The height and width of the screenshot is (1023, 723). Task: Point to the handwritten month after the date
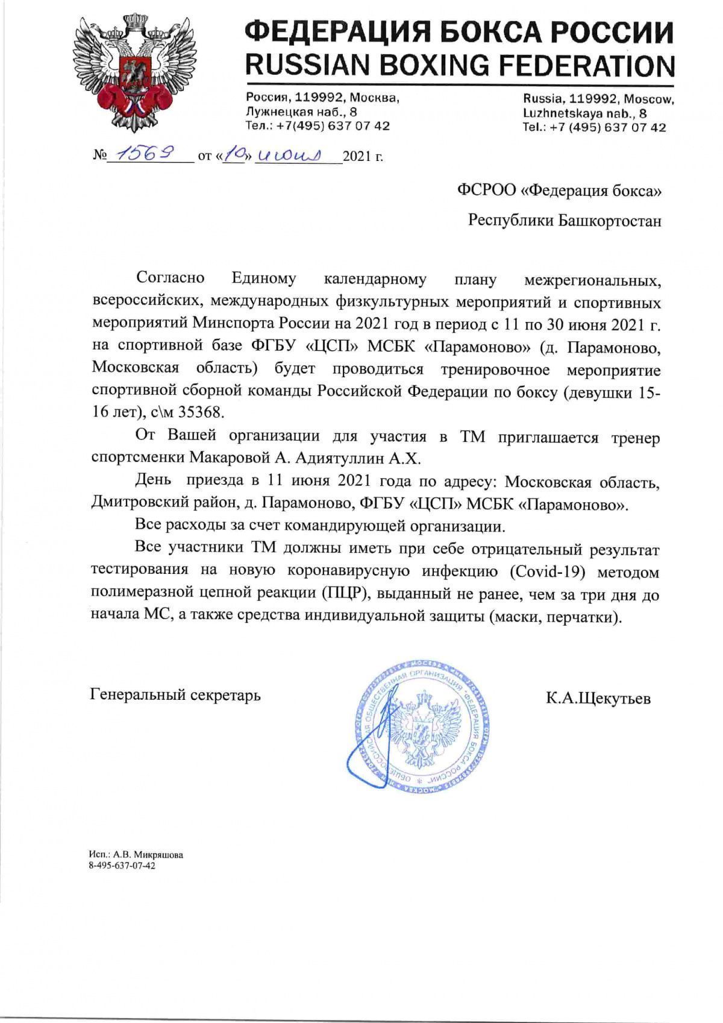coord(289,156)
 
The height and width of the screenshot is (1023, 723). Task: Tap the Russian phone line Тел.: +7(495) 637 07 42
coord(318,126)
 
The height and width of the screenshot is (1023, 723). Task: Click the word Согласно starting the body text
coord(171,279)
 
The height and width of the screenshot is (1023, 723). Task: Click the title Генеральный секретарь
coord(175,695)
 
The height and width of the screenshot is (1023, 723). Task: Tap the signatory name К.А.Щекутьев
coord(598,699)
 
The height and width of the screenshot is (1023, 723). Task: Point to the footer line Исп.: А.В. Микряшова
coord(136,855)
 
